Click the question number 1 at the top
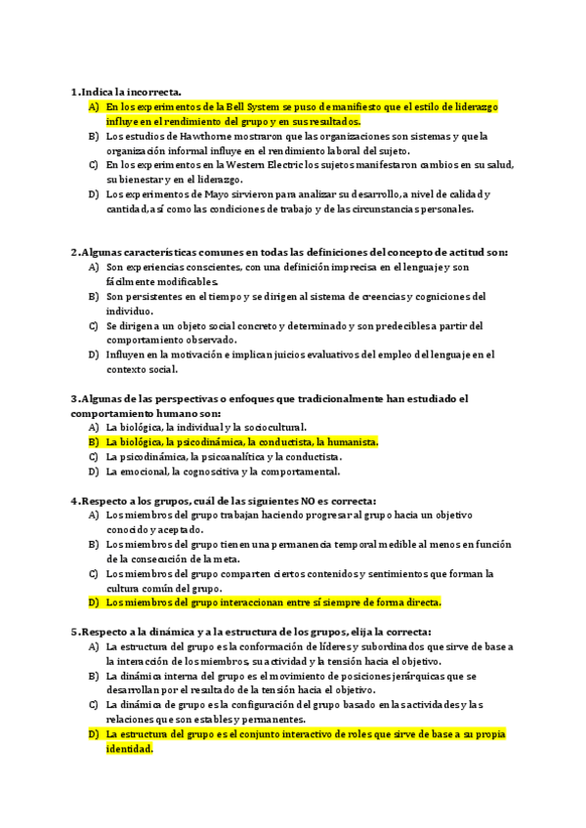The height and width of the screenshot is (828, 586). click(74, 92)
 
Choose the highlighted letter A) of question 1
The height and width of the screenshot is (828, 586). click(94, 106)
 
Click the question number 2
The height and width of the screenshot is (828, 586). click(74, 252)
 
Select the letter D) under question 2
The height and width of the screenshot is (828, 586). click(94, 354)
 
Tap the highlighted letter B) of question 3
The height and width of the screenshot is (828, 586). click(94, 441)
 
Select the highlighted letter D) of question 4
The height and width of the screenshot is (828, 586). click(94, 601)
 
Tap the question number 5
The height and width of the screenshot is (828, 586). click(74, 631)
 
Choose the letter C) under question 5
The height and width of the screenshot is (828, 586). click(94, 704)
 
